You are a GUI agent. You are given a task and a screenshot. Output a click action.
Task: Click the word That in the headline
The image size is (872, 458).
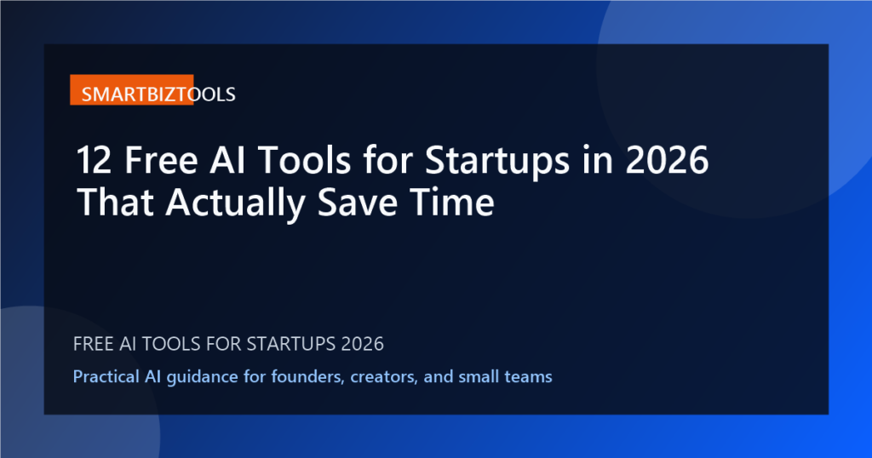[x=112, y=203]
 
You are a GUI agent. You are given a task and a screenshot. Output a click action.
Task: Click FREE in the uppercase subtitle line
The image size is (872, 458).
[x=95, y=345]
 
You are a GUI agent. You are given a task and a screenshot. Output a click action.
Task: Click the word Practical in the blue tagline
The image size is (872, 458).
[x=106, y=376]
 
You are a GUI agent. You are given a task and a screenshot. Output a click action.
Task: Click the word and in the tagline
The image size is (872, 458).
[x=433, y=376]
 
